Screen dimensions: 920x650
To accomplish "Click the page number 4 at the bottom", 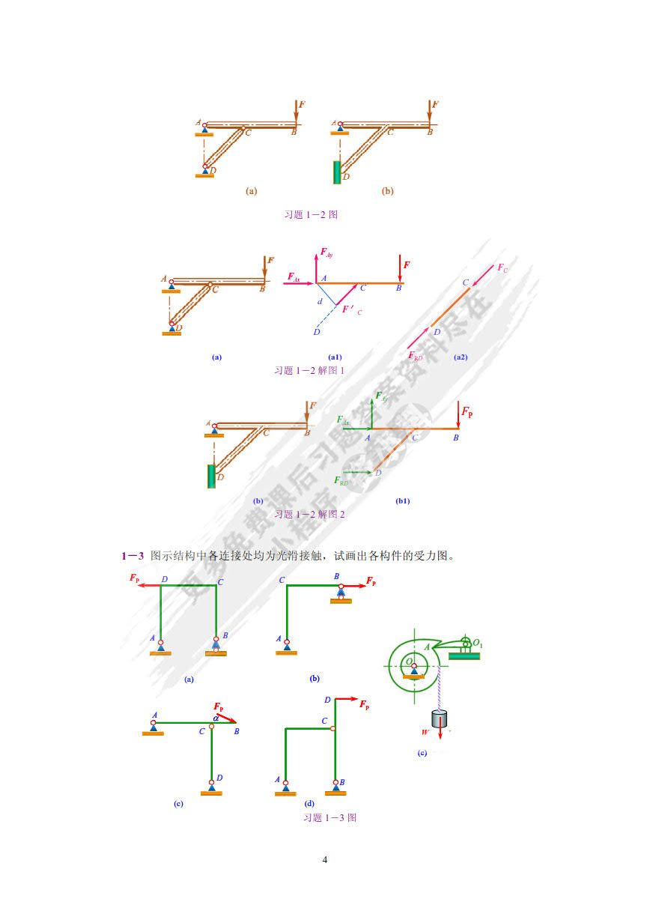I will [324, 859].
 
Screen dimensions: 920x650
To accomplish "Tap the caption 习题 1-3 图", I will [329, 817].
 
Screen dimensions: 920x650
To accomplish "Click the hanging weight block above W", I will [440, 718].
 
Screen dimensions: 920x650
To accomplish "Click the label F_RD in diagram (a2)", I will [415, 357].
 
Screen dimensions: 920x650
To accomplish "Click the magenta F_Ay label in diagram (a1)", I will [326, 253].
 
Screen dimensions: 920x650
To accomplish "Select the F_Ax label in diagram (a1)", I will [294, 277].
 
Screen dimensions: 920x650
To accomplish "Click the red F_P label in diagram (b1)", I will [467, 411].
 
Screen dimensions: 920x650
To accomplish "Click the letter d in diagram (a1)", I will [320, 301].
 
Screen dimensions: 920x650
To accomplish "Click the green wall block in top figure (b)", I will [336, 172].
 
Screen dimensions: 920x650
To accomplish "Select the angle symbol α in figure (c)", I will [216, 717].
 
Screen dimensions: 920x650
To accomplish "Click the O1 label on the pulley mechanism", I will [477, 642].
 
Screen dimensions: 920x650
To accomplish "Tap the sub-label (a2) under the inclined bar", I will [461, 357].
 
